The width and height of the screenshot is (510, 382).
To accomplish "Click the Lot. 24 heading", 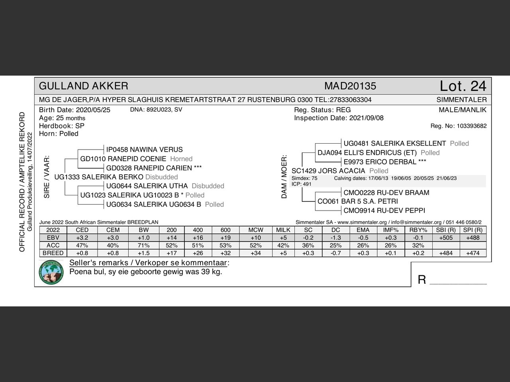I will tap(463, 86).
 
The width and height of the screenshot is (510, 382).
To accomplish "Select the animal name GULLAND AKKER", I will tap(84, 86).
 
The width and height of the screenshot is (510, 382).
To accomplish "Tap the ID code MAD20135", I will tap(350, 86).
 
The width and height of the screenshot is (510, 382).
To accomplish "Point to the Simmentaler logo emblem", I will tap(51, 273).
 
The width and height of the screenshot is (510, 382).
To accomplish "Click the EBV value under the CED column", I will tap(82, 238).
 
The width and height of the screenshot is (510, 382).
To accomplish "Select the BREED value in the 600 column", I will tap(225, 253).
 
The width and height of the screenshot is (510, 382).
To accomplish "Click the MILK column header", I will tap(283, 230).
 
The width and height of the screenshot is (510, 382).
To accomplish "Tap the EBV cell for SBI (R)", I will tap(445, 238).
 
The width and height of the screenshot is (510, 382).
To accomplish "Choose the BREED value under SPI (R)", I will tap(473, 253).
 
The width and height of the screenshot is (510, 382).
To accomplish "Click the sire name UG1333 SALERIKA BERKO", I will tap(99, 177).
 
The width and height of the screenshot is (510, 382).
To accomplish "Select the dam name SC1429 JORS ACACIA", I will tap(328, 171).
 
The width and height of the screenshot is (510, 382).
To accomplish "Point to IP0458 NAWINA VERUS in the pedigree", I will tap(144, 150).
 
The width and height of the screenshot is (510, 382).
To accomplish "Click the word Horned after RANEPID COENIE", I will tap(181, 159).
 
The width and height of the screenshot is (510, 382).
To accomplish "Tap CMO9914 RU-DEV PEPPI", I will tap(384, 210).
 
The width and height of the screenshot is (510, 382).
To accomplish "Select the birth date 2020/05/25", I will tap(93, 110).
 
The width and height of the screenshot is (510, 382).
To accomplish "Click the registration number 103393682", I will tap(472, 126).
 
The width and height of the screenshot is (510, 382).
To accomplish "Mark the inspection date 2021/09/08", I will tap(366, 118).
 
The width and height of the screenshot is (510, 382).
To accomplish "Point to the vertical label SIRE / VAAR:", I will tap(47, 177).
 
